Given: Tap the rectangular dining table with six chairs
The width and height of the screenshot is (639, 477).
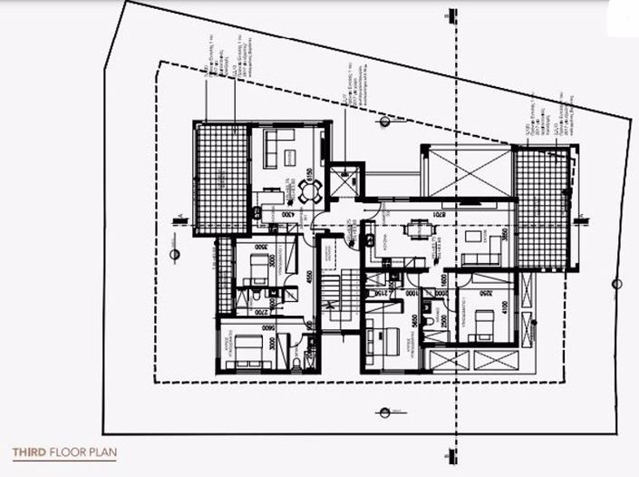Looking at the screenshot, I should coord(417,229).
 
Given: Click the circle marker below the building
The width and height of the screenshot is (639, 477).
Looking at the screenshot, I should coord(385,412).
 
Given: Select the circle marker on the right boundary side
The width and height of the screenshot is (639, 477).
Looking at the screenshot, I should coord(616,284).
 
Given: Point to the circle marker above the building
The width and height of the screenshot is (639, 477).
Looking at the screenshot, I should coord(385,121).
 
